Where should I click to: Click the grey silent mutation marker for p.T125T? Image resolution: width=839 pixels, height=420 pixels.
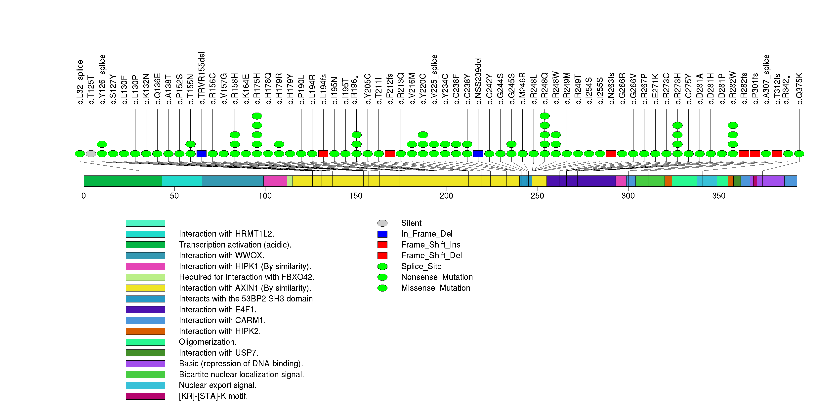pos(91,154)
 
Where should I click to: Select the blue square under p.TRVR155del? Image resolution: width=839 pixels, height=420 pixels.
pos(202,154)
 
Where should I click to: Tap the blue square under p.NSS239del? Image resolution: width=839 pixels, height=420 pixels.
pos(478,154)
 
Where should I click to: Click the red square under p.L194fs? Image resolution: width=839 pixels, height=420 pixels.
pos(323,154)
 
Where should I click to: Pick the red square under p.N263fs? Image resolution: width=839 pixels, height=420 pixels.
pos(611,154)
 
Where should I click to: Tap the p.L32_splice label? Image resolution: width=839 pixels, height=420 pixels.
pos(80,82)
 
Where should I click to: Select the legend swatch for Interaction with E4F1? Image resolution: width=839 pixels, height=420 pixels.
pos(145,310)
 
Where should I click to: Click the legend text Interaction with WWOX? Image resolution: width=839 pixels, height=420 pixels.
pos(221,255)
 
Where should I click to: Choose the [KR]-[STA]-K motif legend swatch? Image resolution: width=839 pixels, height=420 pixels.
pos(145,396)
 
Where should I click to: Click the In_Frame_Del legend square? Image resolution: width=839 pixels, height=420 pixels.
pos(382,234)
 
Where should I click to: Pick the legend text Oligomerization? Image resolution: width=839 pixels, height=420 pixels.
pos(208,342)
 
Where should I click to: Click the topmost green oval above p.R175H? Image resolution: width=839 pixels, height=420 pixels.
pos(257,116)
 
